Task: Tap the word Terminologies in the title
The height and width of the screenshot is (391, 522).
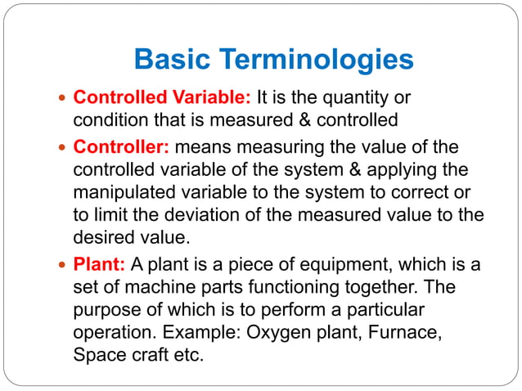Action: pos(317,61)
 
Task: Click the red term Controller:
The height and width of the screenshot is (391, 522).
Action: pos(121,148)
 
